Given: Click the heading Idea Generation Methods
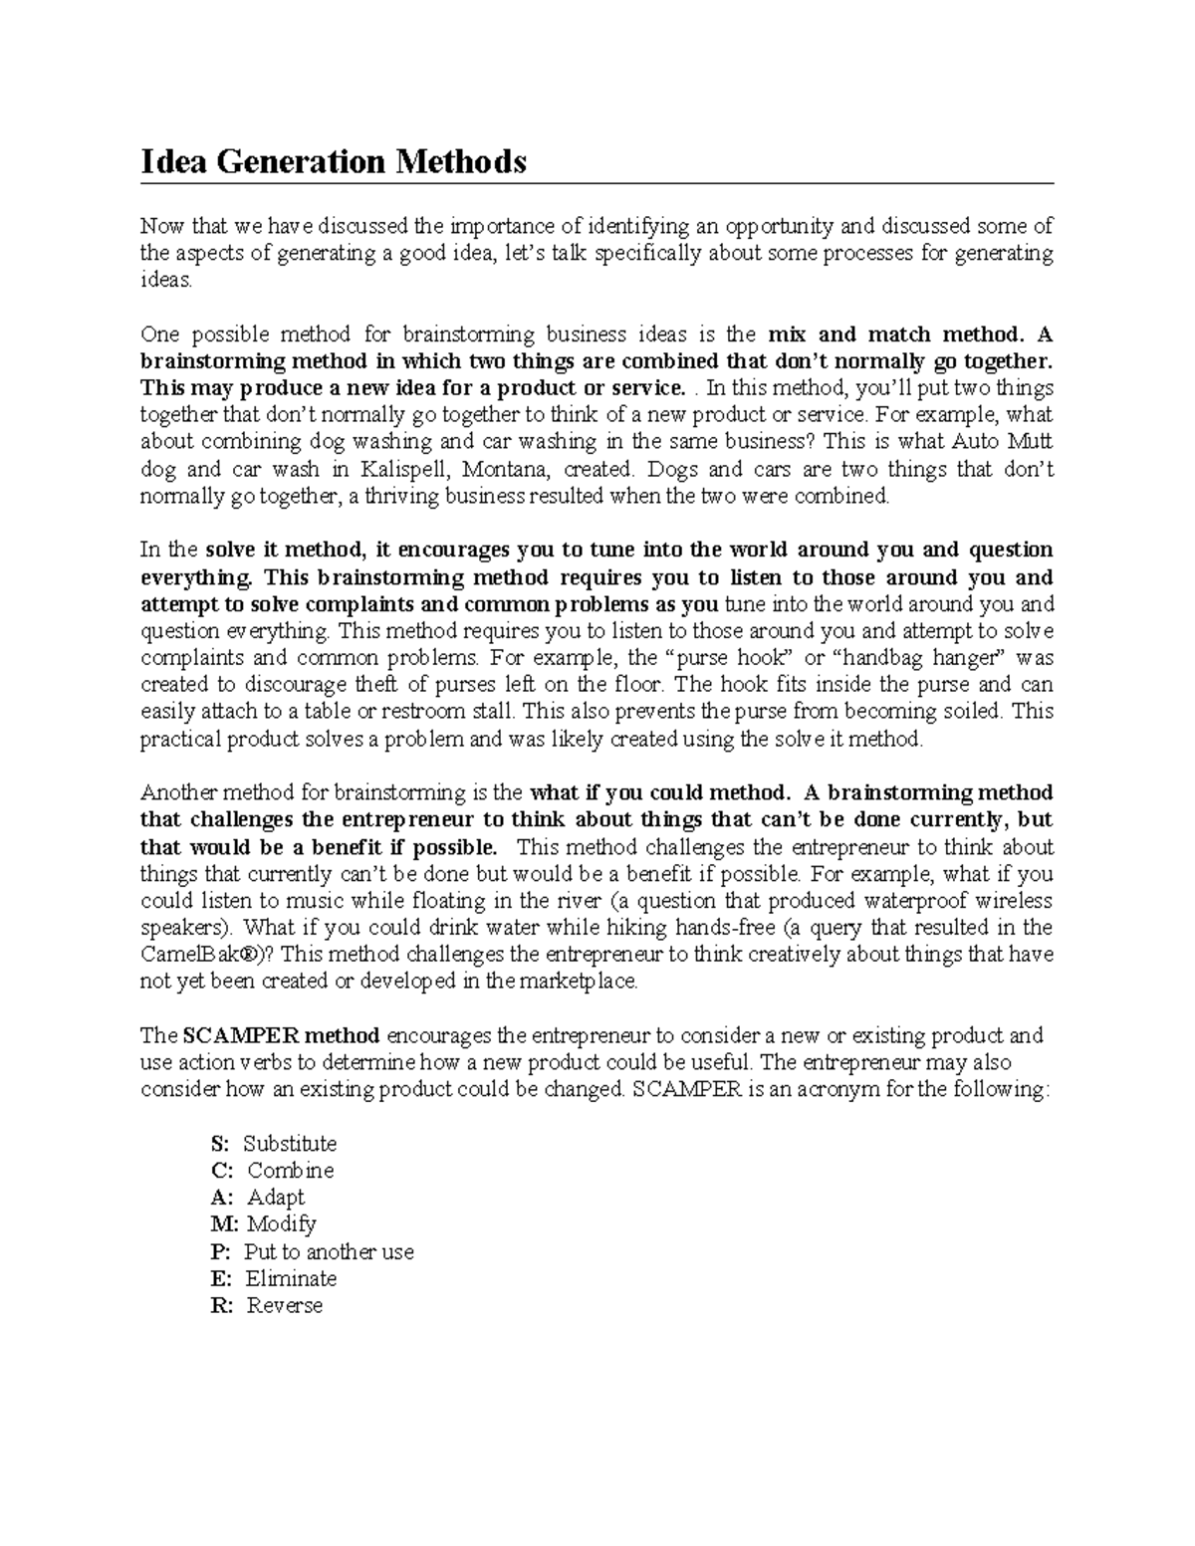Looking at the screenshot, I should pos(333,161).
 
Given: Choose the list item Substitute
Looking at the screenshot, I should pos(290,1144).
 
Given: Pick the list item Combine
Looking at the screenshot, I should pos(290,1171).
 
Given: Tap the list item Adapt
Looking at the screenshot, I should pos(276,1198).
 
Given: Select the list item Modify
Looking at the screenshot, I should pos(281,1224).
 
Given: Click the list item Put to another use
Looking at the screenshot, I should pos(329,1252).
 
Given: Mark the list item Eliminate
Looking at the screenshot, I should pos(291,1279).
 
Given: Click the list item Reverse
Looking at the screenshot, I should pos(285,1306).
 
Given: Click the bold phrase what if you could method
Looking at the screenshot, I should pos(659,793).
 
